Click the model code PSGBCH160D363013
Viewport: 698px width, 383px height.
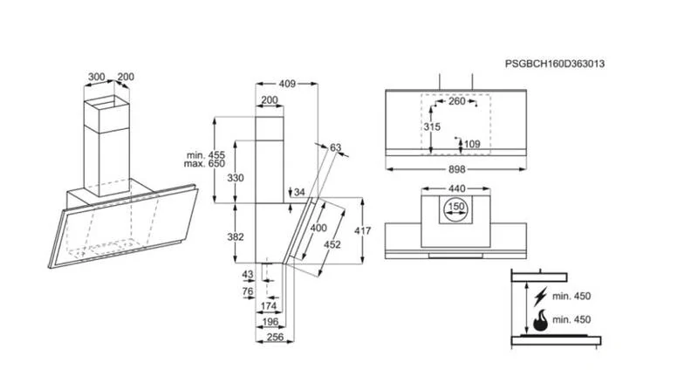coord(555,65)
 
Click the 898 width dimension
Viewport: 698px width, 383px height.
coord(456,170)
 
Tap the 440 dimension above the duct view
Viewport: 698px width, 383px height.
coord(457,188)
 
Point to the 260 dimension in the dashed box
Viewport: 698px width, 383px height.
coord(455,102)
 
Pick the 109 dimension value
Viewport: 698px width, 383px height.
coord(472,144)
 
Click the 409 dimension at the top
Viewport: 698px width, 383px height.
coord(287,84)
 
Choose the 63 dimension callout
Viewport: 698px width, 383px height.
coord(335,147)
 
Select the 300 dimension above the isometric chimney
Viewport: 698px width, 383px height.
coord(97,77)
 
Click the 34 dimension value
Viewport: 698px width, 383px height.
coord(300,192)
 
